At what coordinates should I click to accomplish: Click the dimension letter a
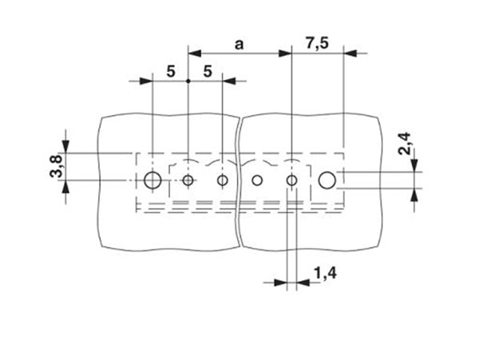coord(239,44)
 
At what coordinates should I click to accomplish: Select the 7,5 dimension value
coord(317,43)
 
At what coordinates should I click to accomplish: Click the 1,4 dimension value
coord(324,275)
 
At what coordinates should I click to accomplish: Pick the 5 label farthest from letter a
coord(170,71)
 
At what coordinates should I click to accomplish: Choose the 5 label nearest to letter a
coord(207,71)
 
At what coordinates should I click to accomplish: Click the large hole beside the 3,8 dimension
coord(152,181)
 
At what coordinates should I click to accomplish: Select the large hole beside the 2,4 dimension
coord(327,180)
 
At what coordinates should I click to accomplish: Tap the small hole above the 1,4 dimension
coord(292,181)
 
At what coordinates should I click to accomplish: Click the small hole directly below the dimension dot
coord(188,181)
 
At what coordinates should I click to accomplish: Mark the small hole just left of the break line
coord(223,181)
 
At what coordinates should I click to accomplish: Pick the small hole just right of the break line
coord(257,181)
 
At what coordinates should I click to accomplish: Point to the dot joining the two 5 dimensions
coord(188,81)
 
